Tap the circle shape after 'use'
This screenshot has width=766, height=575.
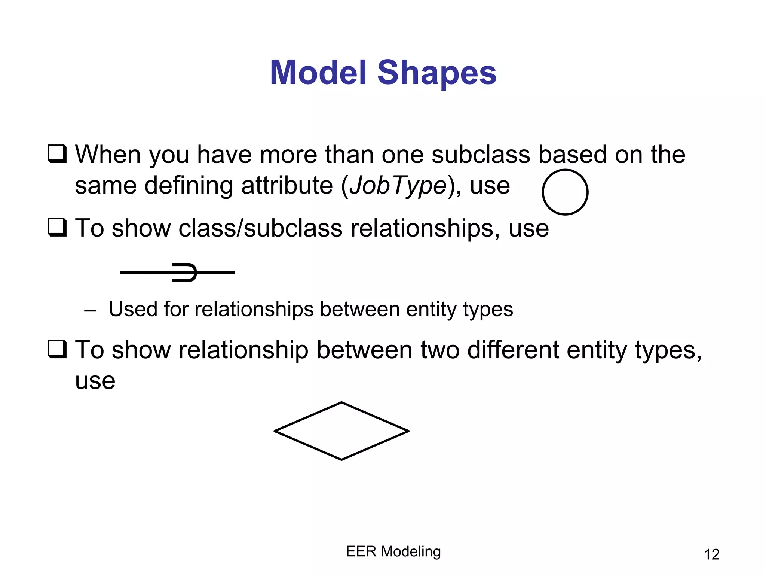(x=565, y=192)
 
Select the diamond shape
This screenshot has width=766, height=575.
(x=341, y=431)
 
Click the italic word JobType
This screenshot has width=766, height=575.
(x=398, y=186)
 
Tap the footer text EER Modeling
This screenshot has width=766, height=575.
(x=393, y=551)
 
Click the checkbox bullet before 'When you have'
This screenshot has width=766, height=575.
(x=57, y=154)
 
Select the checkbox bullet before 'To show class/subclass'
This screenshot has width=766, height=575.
(x=57, y=228)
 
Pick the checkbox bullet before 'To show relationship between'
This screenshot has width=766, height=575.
(x=57, y=349)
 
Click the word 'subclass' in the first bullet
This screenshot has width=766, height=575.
(x=481, y=154)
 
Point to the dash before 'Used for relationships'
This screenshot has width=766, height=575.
(x=90, y=310)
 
